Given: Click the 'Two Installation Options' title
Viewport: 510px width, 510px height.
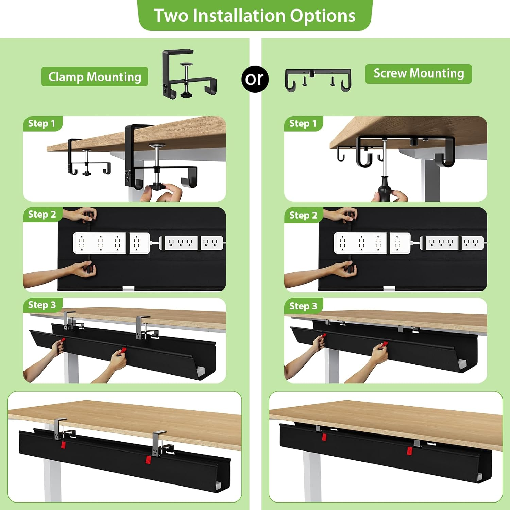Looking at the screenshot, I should tap(255, 16).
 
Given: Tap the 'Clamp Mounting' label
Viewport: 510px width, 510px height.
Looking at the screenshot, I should tap(95, 77).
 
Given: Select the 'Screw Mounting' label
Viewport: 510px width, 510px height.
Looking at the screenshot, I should tap(419, 73).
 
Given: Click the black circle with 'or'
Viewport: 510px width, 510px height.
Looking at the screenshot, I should tap(254, 79).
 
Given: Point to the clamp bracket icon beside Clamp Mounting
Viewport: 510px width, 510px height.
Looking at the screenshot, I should tap(189, 74).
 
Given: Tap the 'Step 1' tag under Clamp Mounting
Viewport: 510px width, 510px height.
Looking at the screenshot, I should tap(42, 123).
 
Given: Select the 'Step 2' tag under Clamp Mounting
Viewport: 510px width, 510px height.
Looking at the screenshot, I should tap(42, 215).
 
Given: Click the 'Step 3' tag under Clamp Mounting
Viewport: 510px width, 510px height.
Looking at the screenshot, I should tap(42, 305).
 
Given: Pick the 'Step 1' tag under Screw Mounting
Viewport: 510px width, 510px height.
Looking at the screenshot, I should tap(303, 123).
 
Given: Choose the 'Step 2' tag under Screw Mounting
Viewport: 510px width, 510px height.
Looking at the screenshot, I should tap(303, 215).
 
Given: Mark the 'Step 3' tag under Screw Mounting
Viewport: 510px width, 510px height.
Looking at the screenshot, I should tap(303, 306).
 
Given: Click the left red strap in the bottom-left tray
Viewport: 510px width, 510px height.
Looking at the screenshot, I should tap(63, 445).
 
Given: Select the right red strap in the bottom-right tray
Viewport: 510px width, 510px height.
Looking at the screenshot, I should tap(410, 451).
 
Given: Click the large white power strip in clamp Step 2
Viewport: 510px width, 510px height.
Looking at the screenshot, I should tap(100, 243).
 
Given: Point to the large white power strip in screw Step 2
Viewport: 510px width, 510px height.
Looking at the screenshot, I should tap(360, 243).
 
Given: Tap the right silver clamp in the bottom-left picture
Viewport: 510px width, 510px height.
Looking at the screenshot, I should tap(158, 443).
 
